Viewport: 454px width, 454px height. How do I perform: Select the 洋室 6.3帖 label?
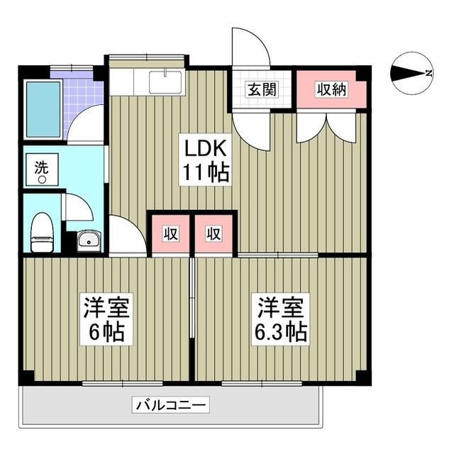(282, 320)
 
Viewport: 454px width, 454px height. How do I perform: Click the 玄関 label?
(262, 90)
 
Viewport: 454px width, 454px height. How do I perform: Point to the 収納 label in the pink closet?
(331, 90)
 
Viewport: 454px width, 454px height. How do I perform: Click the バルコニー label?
(170, 406)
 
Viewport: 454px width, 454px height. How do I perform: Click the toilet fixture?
(43, 232)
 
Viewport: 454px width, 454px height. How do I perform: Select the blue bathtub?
(43, 110)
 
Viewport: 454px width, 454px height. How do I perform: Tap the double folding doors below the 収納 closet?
(326, 128)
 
